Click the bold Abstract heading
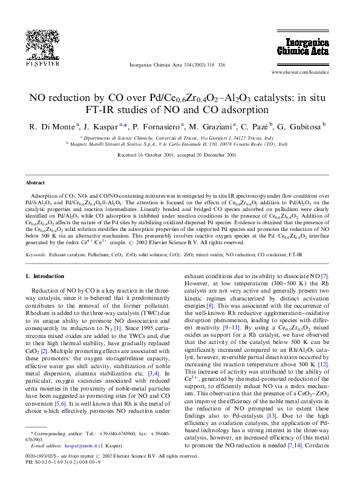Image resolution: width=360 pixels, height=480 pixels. pos(35,182)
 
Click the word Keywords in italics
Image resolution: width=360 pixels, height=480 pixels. pos(36,255)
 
